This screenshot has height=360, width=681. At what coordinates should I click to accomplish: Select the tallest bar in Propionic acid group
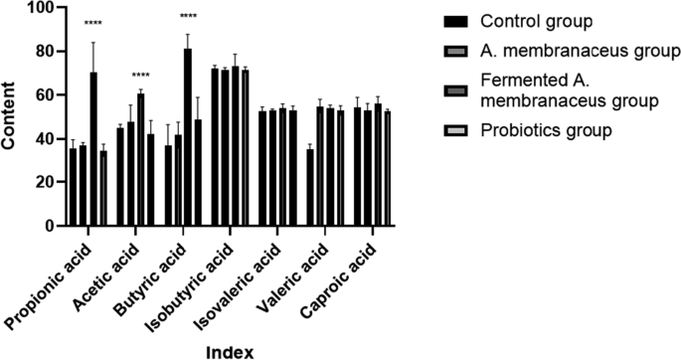point(93,149)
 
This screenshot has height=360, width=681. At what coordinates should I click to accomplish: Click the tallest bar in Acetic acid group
point(140,159)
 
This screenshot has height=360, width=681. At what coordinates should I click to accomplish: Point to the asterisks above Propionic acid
point(93,24)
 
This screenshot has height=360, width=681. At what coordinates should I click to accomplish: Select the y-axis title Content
point(12,116)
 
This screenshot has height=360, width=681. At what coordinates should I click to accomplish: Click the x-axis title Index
point(224,351)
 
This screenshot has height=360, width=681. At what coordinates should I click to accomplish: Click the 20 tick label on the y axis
point(44,182)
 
